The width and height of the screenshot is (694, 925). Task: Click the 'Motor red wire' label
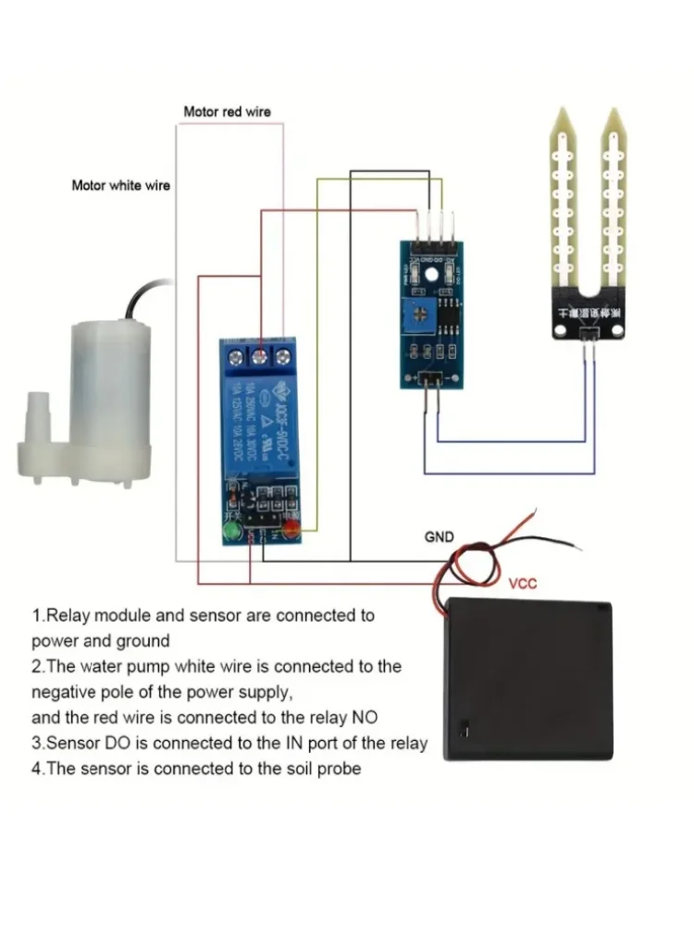[x=227, y=112]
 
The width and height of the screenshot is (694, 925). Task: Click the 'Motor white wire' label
[x=121, y=185]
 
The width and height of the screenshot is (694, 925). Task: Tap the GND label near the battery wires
[x=439, y=536]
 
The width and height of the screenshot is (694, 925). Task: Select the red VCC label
[x=523, y=584]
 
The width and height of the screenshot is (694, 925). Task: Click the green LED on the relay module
[x=230, y=531]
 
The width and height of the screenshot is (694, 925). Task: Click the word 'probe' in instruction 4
[x=336, y=768]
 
